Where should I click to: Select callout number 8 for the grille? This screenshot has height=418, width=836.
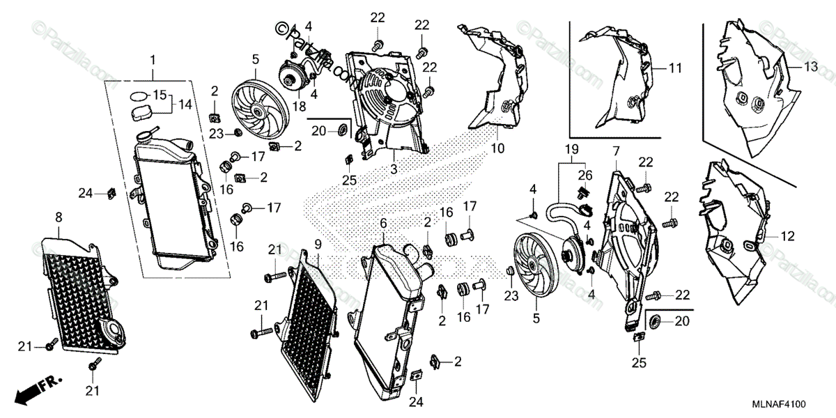(x=58, y=217)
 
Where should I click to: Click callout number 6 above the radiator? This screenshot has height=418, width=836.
(x=382, y=222)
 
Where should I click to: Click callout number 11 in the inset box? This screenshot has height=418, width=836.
(x=674, y=68)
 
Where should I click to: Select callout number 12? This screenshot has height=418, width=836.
(x=787, y=237)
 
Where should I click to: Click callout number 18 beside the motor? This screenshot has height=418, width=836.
(x=300, y=106)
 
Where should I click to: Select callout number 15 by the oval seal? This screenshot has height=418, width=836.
(x=160, y=95)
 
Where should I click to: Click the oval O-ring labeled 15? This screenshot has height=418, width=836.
(x=139, y=95)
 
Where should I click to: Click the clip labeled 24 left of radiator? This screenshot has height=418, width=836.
(x=110, y=192)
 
